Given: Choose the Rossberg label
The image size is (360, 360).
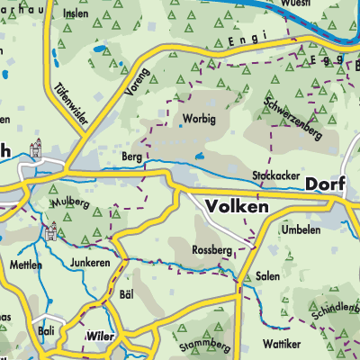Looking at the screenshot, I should [x=212, y=249].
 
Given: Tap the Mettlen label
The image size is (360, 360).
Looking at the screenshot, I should [x=26, y=265].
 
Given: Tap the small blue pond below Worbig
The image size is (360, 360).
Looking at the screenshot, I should [x=200, y=156].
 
